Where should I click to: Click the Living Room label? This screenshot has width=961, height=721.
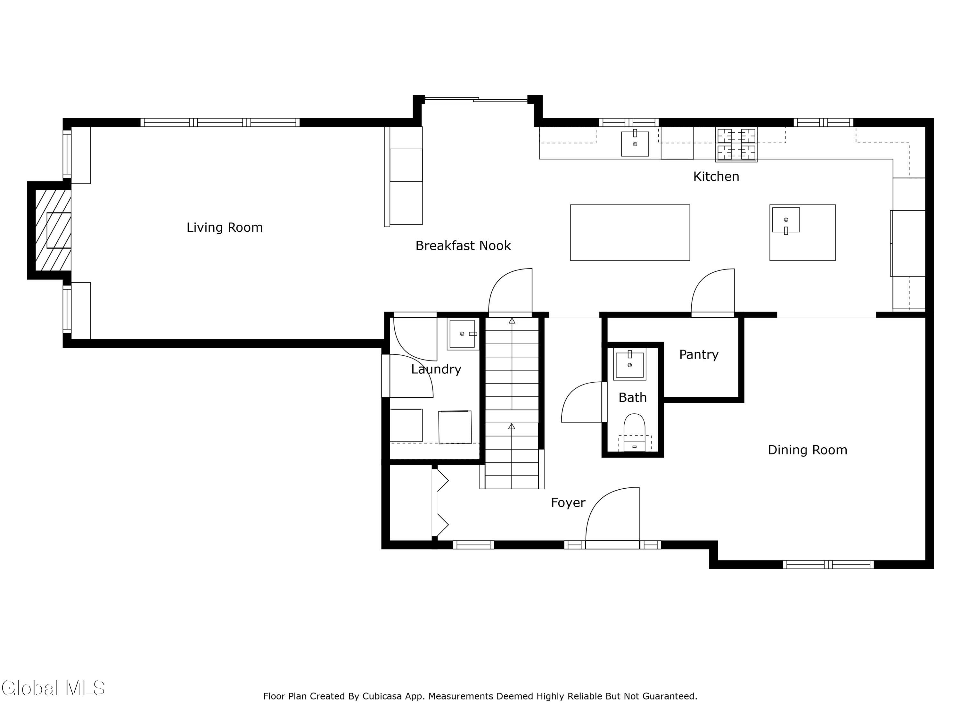point(225,227)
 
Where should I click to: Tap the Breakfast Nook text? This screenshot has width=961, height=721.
point(463,245)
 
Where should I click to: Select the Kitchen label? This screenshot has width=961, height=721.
point(716,177)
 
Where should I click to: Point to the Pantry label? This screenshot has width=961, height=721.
point(699,355)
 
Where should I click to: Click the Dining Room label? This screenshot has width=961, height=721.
point(808,450)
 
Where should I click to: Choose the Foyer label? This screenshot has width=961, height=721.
point(568,503)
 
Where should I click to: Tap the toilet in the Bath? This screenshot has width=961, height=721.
point(634,432)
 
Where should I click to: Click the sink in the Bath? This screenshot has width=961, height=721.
point(629,364)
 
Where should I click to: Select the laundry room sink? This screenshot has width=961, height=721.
point(462,334)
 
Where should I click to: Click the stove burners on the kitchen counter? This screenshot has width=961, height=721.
point(736,144)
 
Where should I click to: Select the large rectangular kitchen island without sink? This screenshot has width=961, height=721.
point(630,233)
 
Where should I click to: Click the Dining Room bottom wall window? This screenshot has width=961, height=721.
point(828,565)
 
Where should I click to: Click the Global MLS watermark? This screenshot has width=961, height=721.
point(53,688)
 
